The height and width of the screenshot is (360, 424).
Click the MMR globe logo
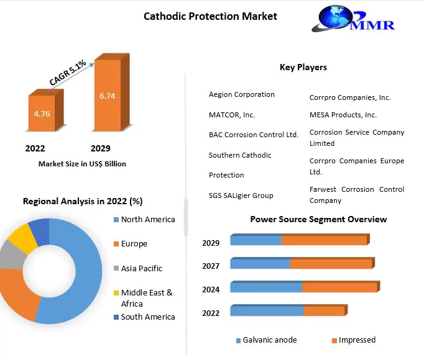coord(353,19)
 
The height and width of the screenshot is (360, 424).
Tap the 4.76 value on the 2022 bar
coord(42,114)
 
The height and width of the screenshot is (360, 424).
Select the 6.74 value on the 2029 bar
coord(108,96)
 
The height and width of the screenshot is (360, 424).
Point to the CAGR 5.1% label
coord(68,73)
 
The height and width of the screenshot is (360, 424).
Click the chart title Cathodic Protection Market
coord(210,16)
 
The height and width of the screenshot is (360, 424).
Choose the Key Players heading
coord(303,67)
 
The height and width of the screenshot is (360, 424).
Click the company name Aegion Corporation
coord(241,94)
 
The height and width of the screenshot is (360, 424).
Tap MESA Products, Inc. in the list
coord(343,115)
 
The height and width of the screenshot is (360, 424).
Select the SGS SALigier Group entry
coord(241,196)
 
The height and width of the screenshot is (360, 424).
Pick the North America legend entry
coord(144,219)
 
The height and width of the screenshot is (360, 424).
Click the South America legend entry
coord(144,317)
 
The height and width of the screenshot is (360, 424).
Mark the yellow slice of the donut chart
coord(22,238)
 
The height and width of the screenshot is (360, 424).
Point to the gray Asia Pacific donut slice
coord(12,256)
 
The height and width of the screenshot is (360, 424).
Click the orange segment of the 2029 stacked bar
coord(325,240)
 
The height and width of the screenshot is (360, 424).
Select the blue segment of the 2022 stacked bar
coord(267,310)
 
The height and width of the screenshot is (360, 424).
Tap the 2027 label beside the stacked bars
coord(211,266)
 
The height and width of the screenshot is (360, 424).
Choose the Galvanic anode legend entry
coord(266,340)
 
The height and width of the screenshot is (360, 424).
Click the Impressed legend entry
coord(354,340)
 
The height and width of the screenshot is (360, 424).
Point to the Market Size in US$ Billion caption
coord(82,164)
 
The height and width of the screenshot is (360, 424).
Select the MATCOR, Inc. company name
coord(232,115)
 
